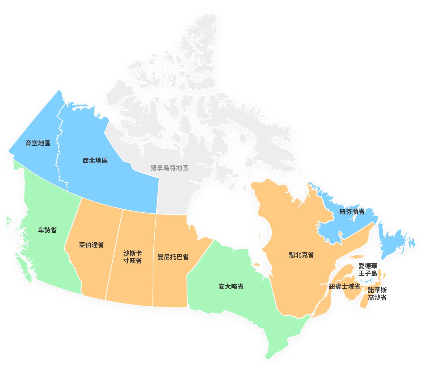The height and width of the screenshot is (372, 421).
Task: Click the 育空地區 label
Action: (38, 143)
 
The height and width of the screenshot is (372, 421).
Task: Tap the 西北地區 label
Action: (95, 160)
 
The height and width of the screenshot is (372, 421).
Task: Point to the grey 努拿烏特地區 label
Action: (169, 168)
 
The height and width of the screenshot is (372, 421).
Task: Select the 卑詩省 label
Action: (47, 230)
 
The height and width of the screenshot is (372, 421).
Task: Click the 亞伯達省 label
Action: (91, 245)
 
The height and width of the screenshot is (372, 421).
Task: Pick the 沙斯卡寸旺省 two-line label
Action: (133, 257)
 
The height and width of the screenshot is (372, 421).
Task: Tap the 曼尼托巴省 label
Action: (173, 257)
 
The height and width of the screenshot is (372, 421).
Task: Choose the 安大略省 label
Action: (231, 286)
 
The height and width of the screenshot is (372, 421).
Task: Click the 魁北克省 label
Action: (301, 255)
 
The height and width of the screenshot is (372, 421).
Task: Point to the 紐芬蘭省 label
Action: (352, 212)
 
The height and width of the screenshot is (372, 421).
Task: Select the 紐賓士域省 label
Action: (344, 286)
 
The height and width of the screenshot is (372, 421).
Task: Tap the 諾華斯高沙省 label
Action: (377, 294)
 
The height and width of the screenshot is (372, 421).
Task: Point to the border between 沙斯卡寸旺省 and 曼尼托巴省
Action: (154, 258)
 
